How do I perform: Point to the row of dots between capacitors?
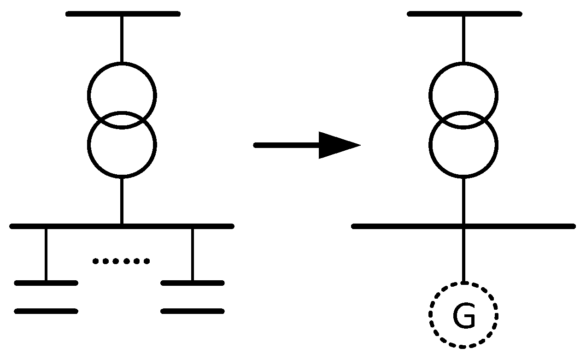[x=121, y=261]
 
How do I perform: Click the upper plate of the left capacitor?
[x=46, y=283]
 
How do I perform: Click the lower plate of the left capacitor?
[x=46, y=311]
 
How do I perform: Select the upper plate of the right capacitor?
[x=193, y=283]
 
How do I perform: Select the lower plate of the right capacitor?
[x=193, y=311]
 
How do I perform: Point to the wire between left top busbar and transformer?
[x=122, y=39]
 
